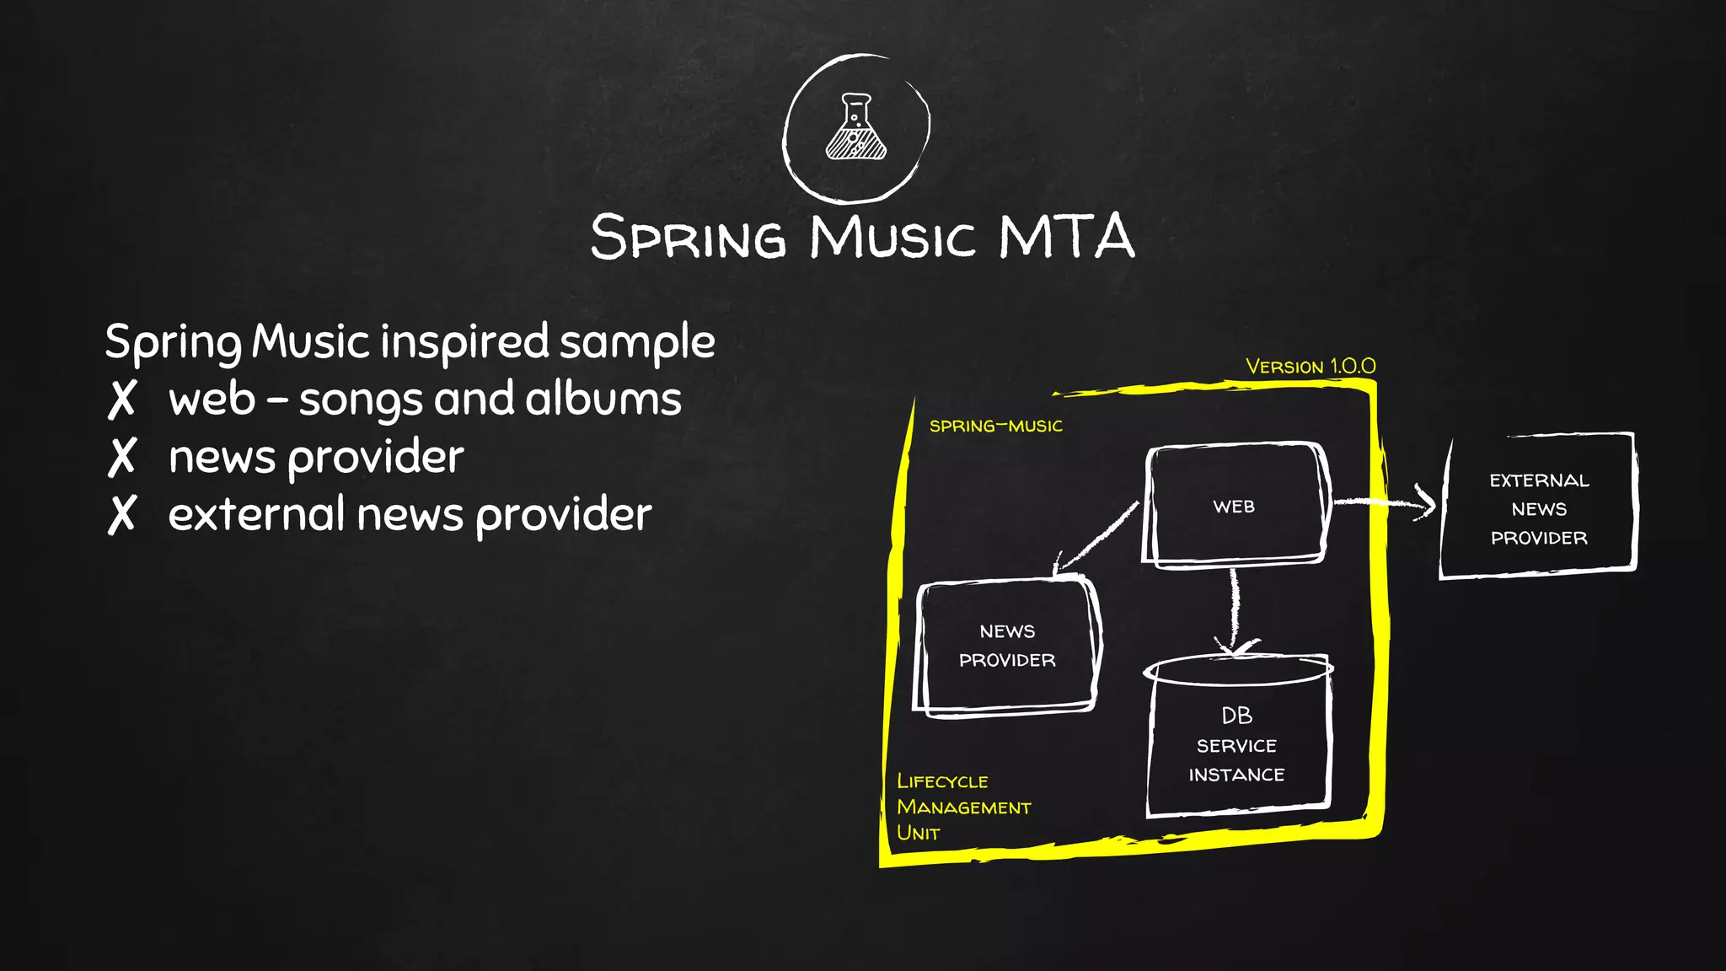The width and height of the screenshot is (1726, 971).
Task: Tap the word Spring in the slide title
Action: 688,237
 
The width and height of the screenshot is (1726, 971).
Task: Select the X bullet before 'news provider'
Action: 121,458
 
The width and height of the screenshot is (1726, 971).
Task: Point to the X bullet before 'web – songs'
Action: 121,400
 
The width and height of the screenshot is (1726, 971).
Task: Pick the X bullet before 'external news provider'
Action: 121,514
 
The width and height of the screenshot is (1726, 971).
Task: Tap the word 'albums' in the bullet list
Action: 603,399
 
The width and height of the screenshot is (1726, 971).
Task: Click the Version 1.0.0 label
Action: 1311,367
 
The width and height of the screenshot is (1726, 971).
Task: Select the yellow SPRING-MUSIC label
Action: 995,426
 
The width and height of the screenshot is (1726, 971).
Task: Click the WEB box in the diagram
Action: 1234,506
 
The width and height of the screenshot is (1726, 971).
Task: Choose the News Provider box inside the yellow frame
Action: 1007,646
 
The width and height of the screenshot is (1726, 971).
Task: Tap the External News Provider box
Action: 1538,508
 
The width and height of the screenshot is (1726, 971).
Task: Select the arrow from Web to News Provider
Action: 1096,537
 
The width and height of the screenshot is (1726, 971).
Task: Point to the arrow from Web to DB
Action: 1235,607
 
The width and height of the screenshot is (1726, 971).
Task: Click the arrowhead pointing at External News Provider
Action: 1426,503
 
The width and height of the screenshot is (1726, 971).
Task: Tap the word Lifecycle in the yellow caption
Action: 942,781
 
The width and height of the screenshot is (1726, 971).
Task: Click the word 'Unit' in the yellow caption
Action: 918,833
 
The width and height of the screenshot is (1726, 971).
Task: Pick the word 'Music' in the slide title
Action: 892,237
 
